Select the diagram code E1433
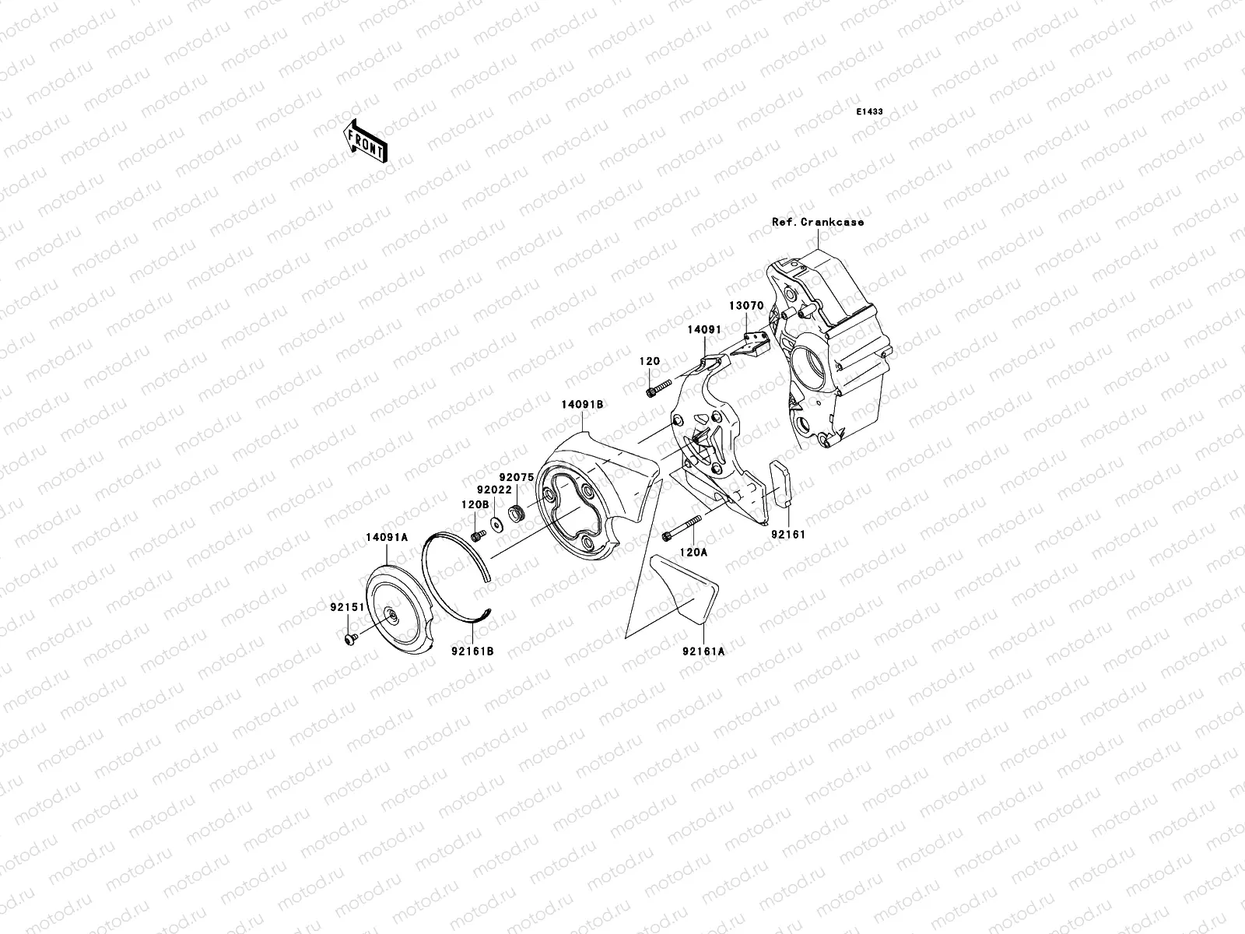click(869, 112)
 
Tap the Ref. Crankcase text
click(818, 222)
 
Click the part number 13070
click(745, 306)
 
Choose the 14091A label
click(388, 536)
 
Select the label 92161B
click(472, 651)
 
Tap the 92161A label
click(703, 651)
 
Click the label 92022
click(495, 490)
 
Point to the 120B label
click(475, 504)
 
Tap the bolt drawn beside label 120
click(658, 386)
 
